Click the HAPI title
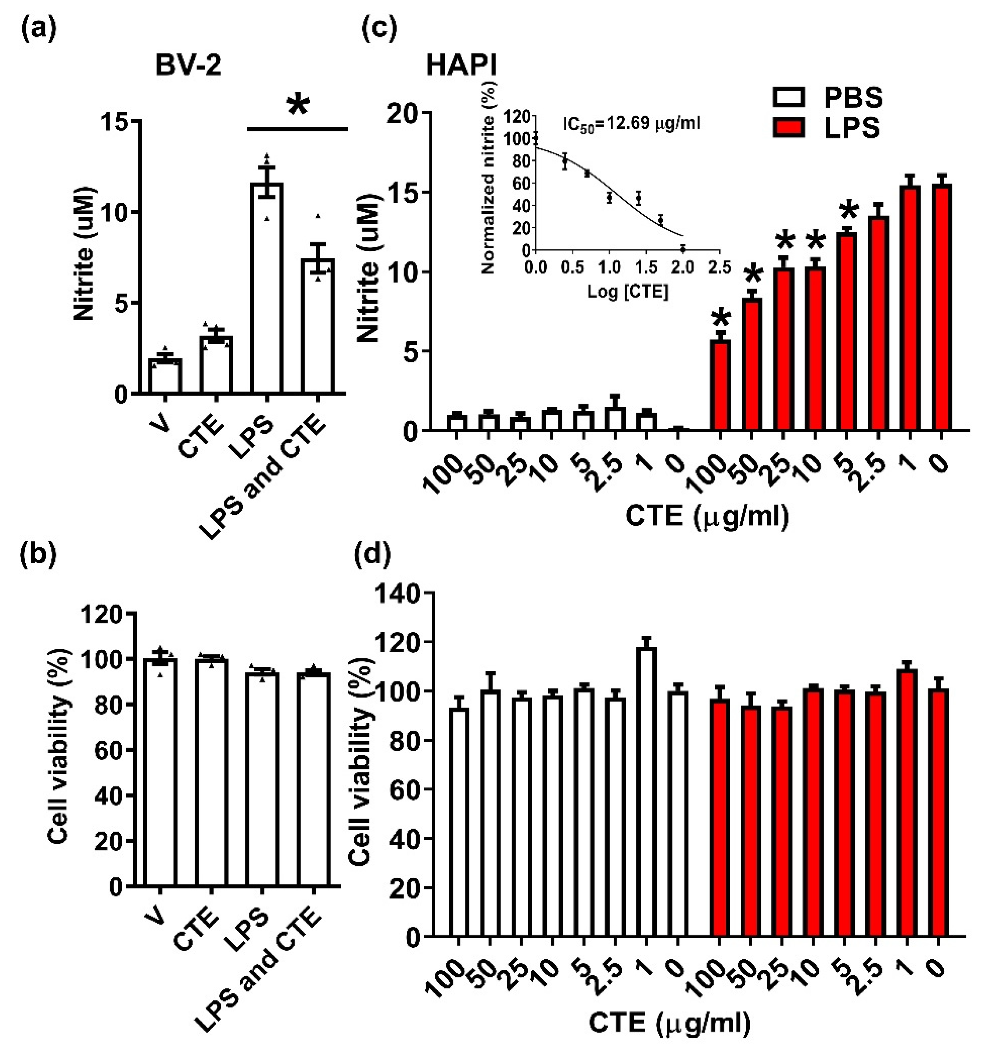[x=462, y=67]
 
